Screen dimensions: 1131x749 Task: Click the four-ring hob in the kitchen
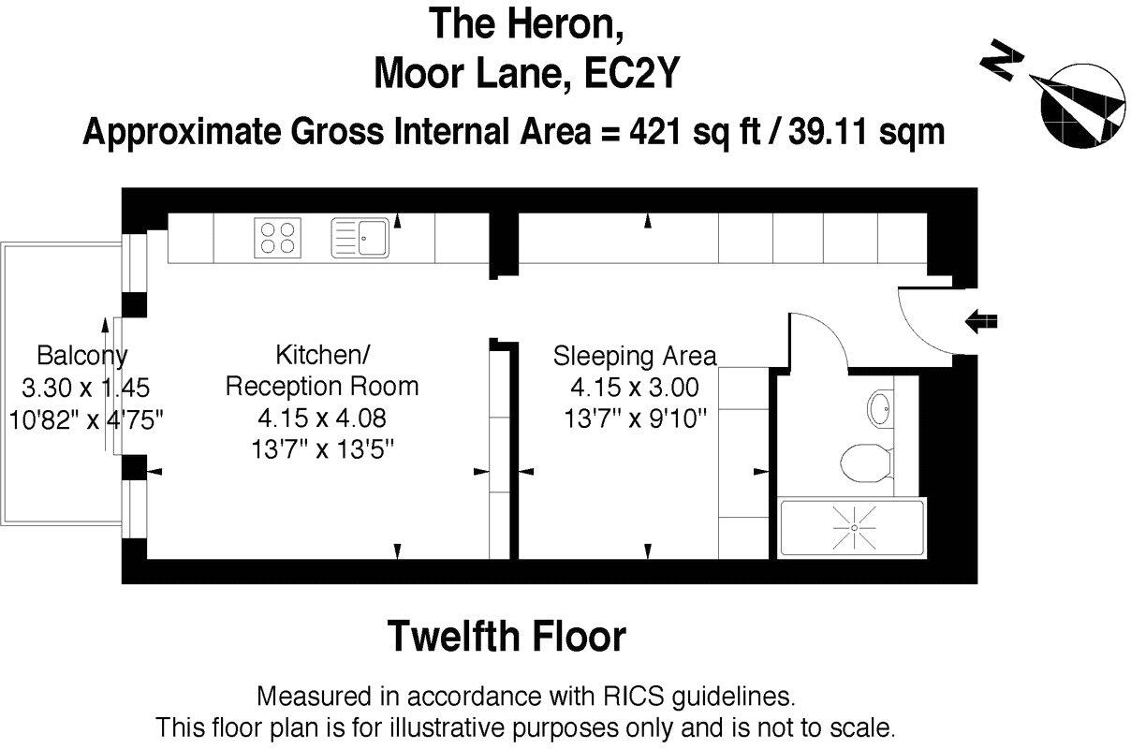(x=277, y=238)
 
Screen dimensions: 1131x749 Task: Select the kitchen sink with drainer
(x=360, y=238)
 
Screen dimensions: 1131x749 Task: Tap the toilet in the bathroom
(x=867, y=463)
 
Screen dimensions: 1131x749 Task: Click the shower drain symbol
(x=854, y=528)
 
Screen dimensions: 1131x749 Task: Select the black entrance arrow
(x=981, y=321)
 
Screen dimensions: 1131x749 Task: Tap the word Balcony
(x=82, y=356)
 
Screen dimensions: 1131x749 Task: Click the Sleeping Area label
(x=635, y=356)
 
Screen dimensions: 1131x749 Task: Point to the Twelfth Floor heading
(x=507, y=637)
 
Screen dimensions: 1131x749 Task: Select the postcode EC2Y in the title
(x=631, y=74)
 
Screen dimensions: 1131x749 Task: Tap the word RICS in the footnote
(x=633, y=697)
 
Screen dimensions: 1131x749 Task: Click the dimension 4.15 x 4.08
(x=322, y=419)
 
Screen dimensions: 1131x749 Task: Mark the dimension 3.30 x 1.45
(x=86, y=388)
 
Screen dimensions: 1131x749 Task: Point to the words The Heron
(x=526, y=24)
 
